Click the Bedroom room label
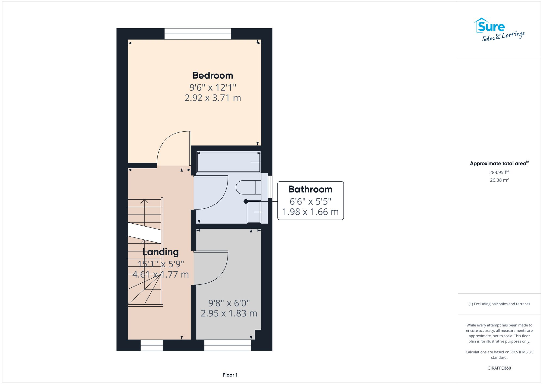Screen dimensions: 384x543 click(213, 75)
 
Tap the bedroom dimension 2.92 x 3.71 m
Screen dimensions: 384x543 click(213, 98)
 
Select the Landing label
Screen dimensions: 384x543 click(161, 252)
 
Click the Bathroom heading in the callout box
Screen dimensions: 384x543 click(310, 189)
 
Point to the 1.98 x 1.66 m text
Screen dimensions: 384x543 click(310, 212)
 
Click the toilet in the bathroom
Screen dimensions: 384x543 click(248, 187)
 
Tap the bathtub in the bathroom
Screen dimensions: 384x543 click(228, 162)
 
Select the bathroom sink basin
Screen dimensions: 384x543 click(254, 212)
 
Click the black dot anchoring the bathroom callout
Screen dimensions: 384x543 click(246, 201)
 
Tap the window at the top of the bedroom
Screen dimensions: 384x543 click(198, 34)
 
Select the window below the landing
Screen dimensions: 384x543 click(151, 345)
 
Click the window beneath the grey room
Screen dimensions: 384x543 click(228, 345)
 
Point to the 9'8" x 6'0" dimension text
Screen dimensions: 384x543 click(229, 303)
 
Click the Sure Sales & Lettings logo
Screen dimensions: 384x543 click(499, 29)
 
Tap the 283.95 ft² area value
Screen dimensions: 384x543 click(499, 172)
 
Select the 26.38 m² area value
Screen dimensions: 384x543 click(499, 180)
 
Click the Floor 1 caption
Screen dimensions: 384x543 click(230, 375)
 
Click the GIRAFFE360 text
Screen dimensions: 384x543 click(499, 368)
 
